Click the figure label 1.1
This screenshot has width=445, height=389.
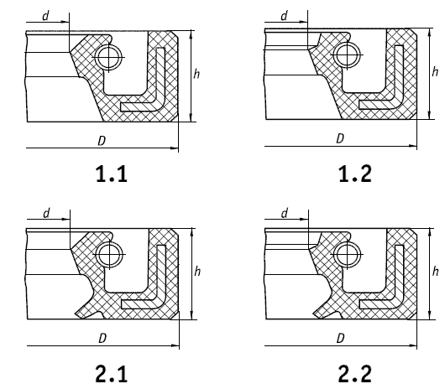(x=112, y=174)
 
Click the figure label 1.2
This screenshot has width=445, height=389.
(x=355, y=174)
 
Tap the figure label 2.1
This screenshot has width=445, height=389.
(x=111, y=374)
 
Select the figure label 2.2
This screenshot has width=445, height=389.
(x=355, y=374)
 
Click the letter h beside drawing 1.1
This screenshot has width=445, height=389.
(x=196, y=74)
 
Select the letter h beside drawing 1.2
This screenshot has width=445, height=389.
(x=435, y=71)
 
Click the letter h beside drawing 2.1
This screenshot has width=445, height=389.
(x=197, y=272)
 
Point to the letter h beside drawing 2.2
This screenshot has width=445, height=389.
(x=435, y=272)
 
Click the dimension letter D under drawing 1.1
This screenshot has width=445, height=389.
(x=102, y=141)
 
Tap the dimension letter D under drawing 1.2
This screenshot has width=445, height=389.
(x=340, y=138)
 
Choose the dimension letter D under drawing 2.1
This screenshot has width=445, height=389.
(x=102, y=338)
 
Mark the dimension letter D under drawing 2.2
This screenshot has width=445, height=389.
(x=340, y=338)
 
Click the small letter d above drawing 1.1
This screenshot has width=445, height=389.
(x=45, y=16)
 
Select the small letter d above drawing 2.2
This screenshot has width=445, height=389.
(x=285, y=213)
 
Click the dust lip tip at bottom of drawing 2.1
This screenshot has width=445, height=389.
(x=76, y=314)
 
